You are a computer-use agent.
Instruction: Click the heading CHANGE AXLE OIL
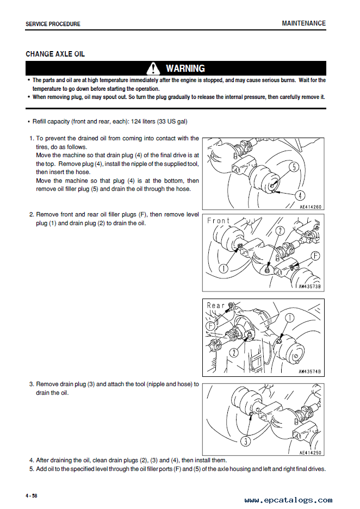click(55, 54)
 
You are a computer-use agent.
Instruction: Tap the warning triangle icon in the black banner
click(155, 69)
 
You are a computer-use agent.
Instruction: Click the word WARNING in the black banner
click(185, 69)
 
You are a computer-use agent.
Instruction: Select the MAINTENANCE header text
click(303, 23)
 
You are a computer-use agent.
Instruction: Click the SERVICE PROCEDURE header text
click(53, 24)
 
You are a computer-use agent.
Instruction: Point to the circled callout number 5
click(294, 167)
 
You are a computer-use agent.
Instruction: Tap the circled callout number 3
click(246, 441)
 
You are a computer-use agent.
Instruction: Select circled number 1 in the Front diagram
click(224, 268)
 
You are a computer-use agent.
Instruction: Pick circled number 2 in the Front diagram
click(280, 231)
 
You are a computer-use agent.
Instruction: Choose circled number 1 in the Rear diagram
click(289, 318)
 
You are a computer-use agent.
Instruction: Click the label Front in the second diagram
click(219, 220)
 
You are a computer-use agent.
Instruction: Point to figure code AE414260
click(311, 207)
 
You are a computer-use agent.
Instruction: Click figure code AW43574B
click(310, 372)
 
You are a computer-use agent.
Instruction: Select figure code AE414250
click(311, 452)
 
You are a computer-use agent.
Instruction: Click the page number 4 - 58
click(32, 495)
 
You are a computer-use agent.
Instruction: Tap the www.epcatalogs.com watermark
click(288, 500)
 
